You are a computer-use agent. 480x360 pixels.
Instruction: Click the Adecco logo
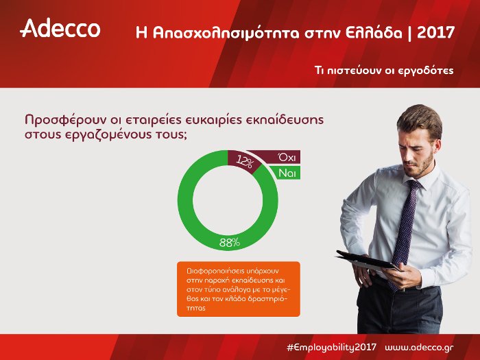(60, 29)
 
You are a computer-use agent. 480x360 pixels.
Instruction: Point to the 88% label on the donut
(229, 242)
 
